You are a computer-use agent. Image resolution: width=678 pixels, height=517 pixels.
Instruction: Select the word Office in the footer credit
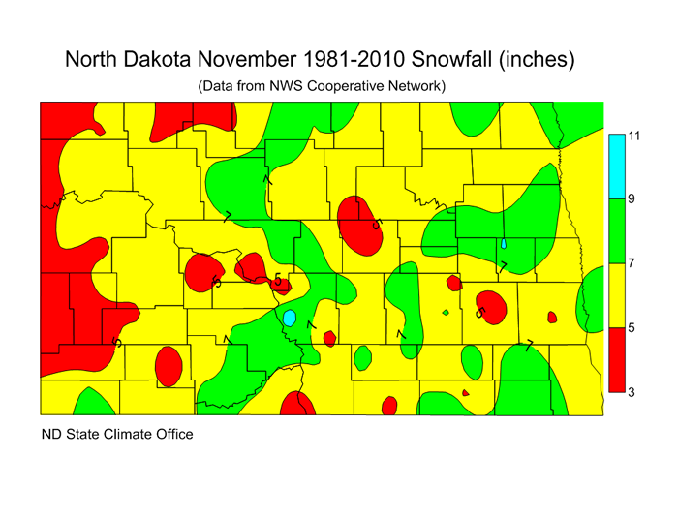click(171, 434)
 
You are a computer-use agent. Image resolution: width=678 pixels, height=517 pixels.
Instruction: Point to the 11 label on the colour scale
click(634, 136)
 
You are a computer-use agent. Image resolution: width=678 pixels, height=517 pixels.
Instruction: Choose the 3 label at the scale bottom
click(632, 391)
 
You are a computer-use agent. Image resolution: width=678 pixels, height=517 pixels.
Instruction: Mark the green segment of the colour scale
click(615, 231)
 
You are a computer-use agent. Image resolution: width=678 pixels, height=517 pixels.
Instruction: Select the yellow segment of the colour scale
click(615, 295)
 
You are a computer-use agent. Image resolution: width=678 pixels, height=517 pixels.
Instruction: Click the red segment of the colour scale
click(615, 359)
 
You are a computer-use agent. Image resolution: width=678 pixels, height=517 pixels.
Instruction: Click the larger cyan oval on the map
click(289, 317)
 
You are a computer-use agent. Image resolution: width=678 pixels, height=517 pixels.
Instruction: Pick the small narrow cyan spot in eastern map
click(504, 244)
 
